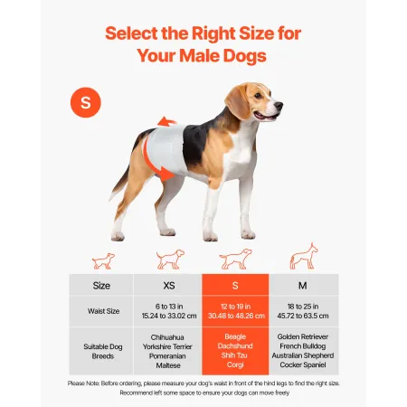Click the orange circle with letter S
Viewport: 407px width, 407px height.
click(x=86, y=102)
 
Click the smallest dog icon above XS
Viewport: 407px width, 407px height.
click(x=104, y=260)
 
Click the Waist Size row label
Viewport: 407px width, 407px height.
click(x=102, y=312)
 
